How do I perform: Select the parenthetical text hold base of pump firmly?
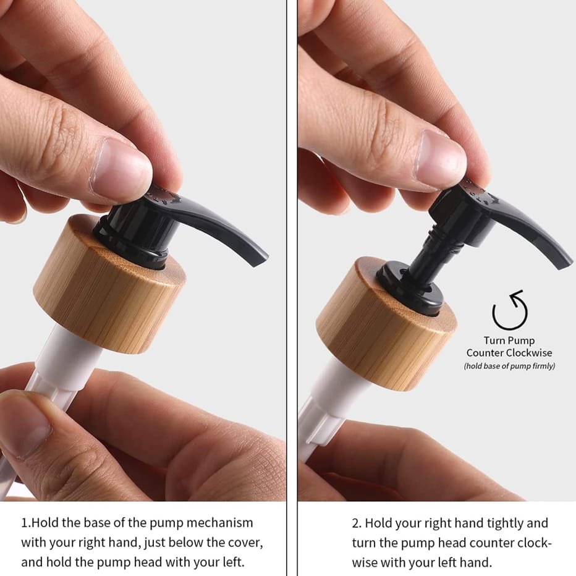pos(509,366)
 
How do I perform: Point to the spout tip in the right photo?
pos(564,263)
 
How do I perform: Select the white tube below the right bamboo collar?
pos(327,400)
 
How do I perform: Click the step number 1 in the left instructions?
pos(24,523)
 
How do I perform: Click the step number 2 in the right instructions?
pos(355,523)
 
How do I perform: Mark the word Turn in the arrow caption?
pos(493,341)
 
